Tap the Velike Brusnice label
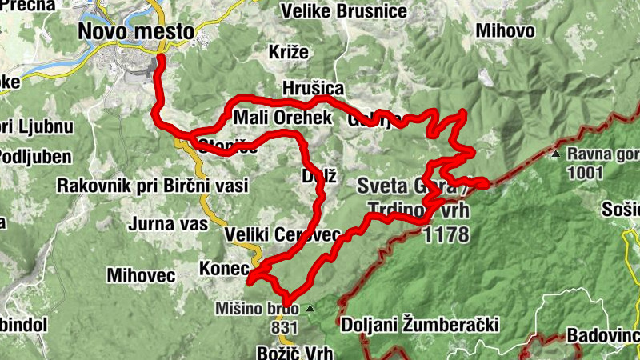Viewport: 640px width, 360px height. [x=344, y=11]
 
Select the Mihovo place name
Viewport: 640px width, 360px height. [x=504, y=31]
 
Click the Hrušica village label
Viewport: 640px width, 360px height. [x=312, y=88]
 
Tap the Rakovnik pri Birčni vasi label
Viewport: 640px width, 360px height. [x=152, y=186]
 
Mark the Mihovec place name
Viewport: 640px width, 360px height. [x=141, y=275]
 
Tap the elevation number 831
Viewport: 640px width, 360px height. [x=284, y=327]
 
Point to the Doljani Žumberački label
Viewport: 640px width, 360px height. [x=420, y=325]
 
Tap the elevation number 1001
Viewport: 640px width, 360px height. [x=584, y=171]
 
